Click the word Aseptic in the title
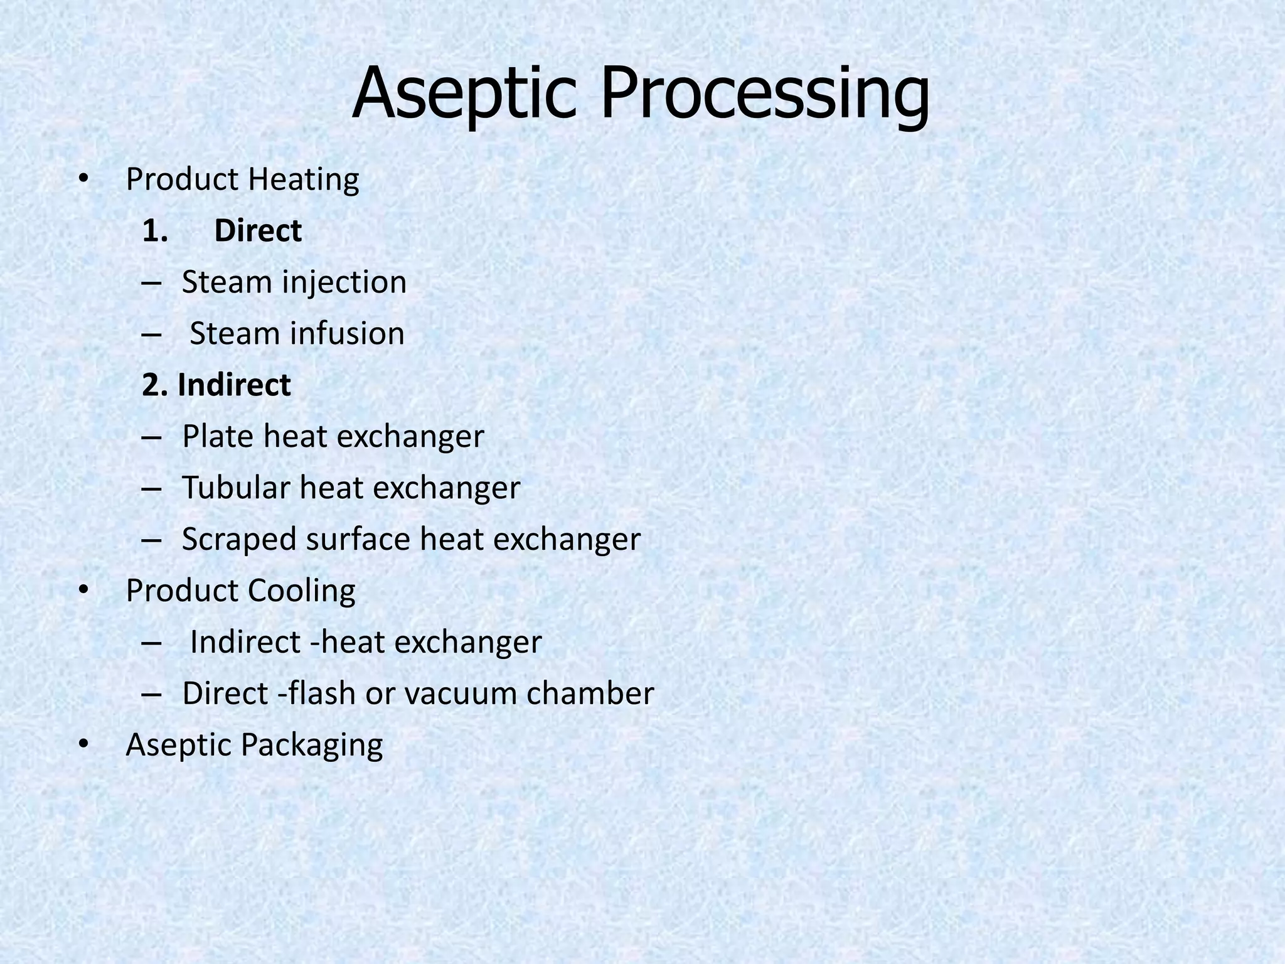point(464,94)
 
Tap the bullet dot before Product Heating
point(83,180)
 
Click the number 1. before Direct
point(155,231)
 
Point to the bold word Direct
point(258,231)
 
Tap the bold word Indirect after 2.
point(234,385)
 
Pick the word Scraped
point(239,540)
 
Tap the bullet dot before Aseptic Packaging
point(83,745)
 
